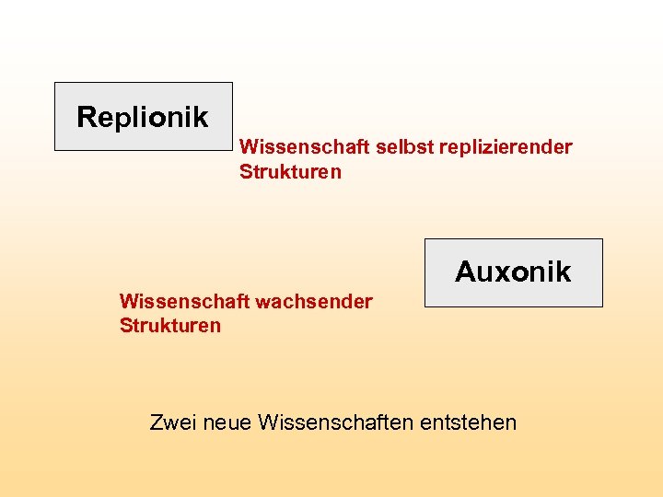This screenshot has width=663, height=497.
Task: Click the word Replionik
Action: pos(143,117)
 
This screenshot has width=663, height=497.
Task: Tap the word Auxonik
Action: pos(513,272)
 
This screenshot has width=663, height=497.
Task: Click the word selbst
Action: pos(396,147)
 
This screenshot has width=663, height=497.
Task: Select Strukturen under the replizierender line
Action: pos(290,172)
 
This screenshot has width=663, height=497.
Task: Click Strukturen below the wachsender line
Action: pos(170,326)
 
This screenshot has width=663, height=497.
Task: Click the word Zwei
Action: pos(172,423)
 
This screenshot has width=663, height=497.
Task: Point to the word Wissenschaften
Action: pos(336,423)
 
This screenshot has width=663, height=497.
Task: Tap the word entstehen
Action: pos(468,423)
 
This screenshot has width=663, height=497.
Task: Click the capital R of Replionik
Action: pos(86,117)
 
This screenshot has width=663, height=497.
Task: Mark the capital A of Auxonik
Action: pos(466,272)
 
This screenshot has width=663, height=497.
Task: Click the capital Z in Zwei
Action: pos(157,423)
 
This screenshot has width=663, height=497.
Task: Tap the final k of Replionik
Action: pos(201,117)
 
